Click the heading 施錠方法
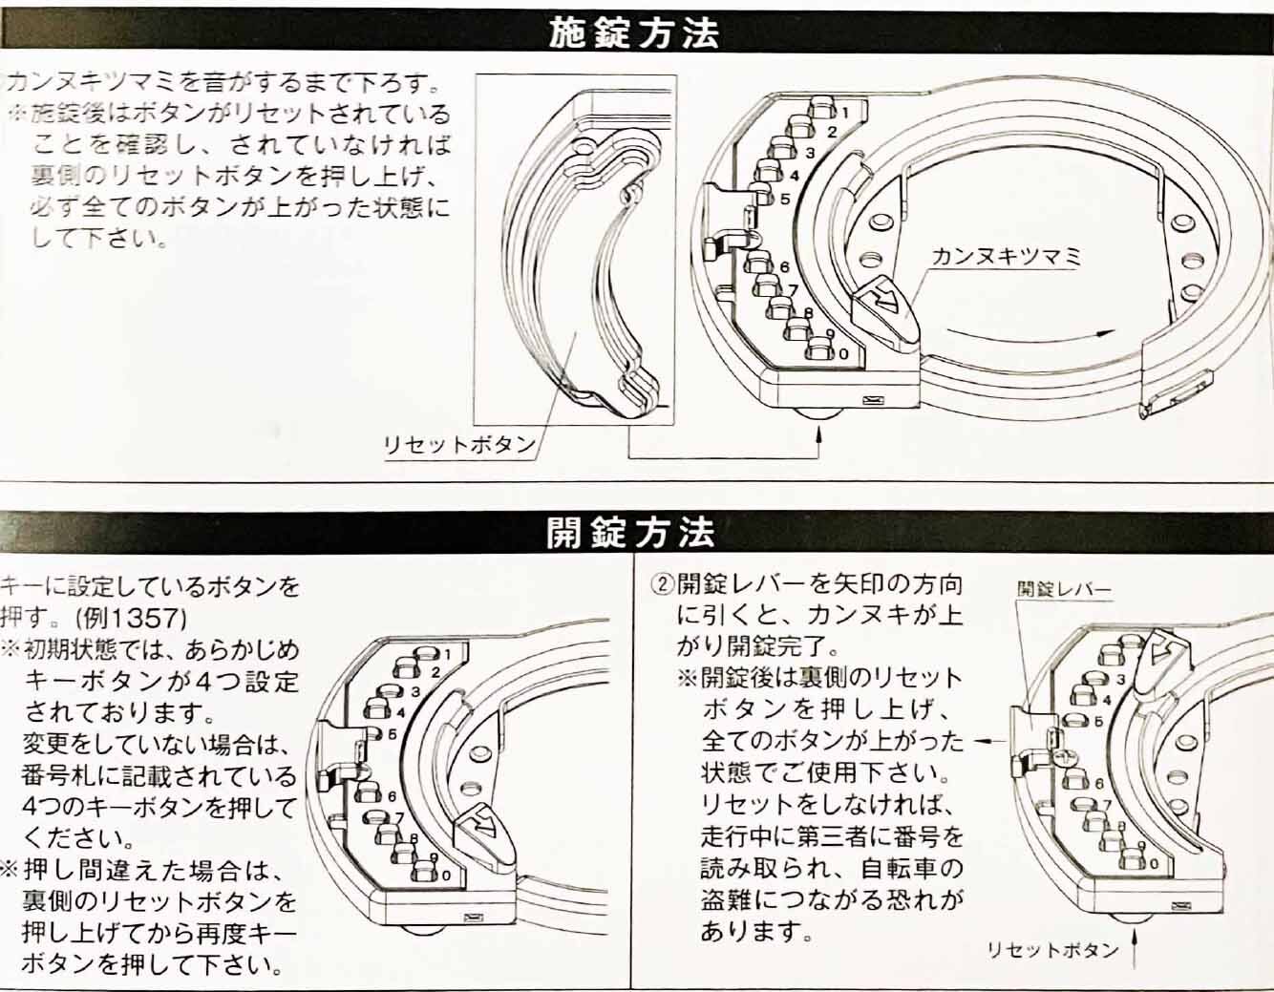633,33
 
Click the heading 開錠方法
630,532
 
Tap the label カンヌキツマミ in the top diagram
1006,258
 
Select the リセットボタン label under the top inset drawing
459,445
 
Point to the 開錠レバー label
1064,589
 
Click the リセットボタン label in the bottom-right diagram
1053,950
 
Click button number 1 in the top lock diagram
825,109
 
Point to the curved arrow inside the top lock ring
1031,336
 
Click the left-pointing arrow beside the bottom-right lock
989,741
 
